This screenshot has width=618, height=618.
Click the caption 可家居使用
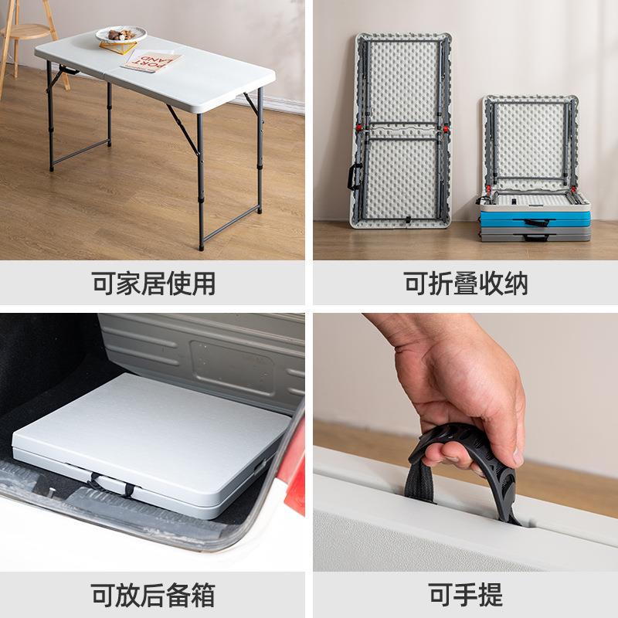(x=154, y=284)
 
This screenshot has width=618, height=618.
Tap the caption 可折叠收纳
(x=466, y=284)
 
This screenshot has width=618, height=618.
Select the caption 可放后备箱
(x=154, y=595)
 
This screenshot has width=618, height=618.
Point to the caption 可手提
(x=466, y=595)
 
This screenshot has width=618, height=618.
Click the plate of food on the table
(x=121, y=35)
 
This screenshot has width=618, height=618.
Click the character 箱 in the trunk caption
(x=202, y=595)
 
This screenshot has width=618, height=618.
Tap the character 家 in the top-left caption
(x=129, y=284)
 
